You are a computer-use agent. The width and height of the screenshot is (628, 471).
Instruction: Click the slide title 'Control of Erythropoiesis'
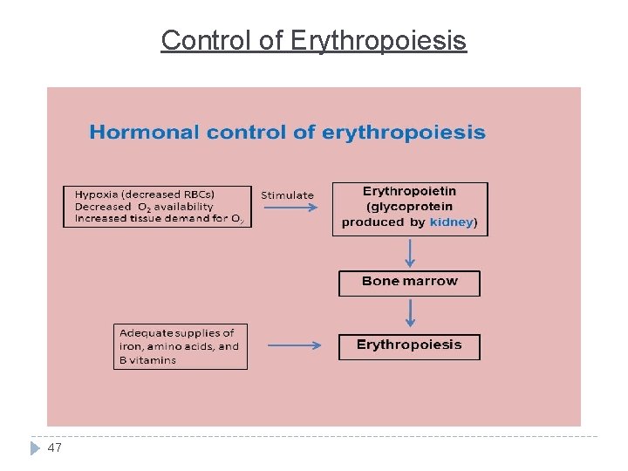click(314, 40)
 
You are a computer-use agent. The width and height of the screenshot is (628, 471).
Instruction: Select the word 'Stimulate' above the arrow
click(287, 195)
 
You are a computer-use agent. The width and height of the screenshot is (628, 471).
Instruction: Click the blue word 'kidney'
click(451, 222)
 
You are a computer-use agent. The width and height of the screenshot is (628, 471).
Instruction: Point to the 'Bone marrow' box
click(409, 282)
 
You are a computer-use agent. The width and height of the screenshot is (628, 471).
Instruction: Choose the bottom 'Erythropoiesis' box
click(409, 345)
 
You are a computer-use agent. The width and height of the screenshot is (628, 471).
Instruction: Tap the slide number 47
click(55, 447)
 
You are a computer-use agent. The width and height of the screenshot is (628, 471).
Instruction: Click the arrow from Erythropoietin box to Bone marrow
click(409, 253)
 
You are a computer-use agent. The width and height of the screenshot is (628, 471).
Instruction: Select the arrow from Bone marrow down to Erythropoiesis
click(409, 314)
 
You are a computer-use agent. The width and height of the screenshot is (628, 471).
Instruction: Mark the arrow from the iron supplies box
click(294, 345)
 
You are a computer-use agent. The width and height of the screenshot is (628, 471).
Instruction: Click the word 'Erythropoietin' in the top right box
click(409, 191)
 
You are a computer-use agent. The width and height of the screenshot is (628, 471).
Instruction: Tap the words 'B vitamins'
click(147, 360)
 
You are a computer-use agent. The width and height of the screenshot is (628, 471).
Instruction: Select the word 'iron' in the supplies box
click(131, 346)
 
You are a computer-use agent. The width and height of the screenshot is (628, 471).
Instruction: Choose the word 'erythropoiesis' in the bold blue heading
click(404, 133)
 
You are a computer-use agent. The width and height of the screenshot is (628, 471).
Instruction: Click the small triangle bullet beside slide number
click(35, 447)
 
